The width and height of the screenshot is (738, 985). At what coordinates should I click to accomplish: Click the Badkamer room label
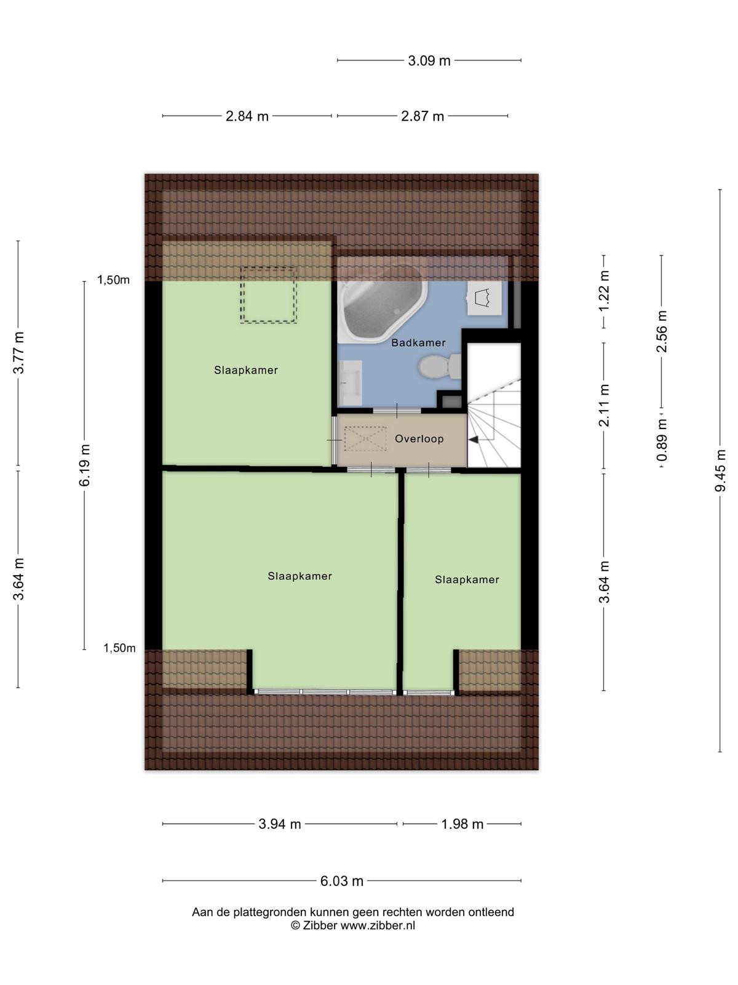tap(418, 343)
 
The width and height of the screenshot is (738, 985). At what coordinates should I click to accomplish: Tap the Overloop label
tap(419, 439)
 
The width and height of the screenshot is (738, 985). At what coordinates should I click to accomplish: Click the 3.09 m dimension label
tap(429, 60)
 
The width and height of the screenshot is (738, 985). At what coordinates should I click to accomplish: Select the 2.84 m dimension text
tap(247, 117)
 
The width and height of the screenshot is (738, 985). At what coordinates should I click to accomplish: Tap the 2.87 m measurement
tap(422, 117)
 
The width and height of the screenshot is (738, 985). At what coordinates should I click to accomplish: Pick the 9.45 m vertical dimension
tap(720, 470)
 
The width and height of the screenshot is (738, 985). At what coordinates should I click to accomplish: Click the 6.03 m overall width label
tap(341, 881)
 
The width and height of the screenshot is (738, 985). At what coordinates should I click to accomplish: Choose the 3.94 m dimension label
tap(280, 824)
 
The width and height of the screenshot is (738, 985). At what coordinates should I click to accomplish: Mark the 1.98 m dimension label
tap(462, 824)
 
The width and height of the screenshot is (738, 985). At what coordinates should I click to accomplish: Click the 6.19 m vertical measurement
tap(84, 465)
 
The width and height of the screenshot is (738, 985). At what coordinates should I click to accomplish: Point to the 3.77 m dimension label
tap(18, 353)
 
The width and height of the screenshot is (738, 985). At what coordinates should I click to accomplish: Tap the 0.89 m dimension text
tap(662, 440)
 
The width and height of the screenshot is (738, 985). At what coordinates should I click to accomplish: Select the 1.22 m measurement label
tap(604, 291)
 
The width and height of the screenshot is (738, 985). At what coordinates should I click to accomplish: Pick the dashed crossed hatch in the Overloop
tap(365, 439)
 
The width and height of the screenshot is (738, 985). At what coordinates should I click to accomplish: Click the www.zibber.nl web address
tap(378, 925)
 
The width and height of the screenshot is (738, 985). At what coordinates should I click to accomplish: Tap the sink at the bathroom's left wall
tap(351, 383)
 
